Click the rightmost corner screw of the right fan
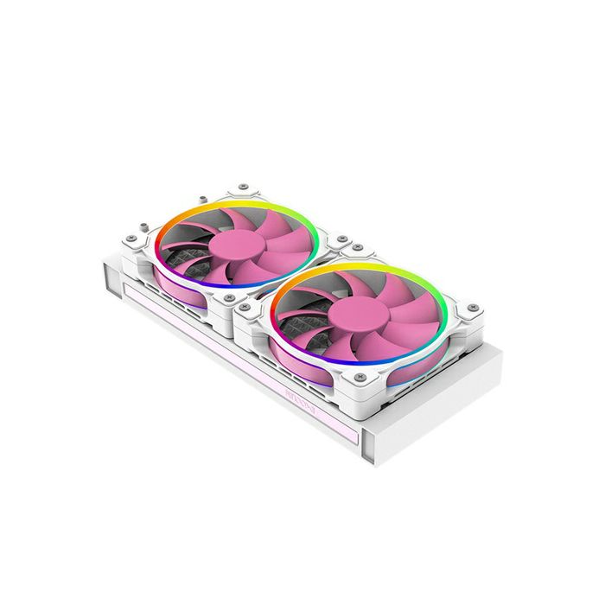[x=471, y=308]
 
